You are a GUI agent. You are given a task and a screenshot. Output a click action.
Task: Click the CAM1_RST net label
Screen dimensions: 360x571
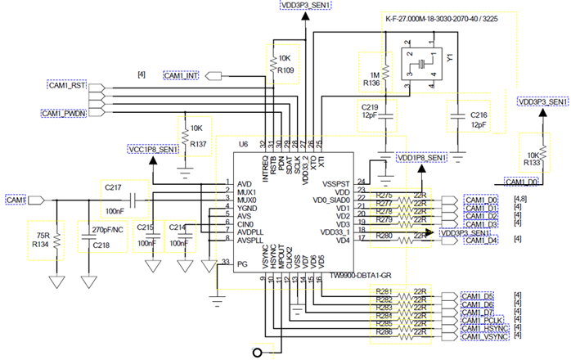(x=65, y=85)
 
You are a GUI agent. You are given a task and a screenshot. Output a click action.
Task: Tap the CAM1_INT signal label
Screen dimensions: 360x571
(x=182, y=75)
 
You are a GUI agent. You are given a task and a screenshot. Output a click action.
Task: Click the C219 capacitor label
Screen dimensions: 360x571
(x=371, y=106)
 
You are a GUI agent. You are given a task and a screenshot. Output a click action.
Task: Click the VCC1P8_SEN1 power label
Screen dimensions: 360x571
(x=152, y=150)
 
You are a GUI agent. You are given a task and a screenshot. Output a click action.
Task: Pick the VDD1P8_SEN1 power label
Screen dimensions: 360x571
(x=421, y=156)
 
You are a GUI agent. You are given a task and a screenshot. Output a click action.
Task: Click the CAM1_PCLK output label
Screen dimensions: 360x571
(x=484, y=319)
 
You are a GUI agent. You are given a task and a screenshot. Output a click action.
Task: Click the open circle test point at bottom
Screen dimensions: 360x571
(x=260, y=352)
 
